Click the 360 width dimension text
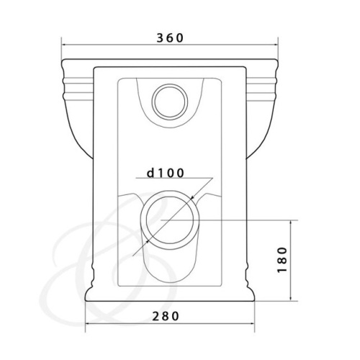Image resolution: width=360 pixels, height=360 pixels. pyautogui.click(x=170, y=38)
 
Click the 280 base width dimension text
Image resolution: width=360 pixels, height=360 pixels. pyautogui.click(x=166, y=316)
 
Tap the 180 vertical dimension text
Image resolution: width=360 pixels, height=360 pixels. pyautogui.click(x=282, y=260)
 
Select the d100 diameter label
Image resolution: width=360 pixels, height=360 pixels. pyautogui.click(x=166, y=173)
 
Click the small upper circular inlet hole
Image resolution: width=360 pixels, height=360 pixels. pyautogui.click(x=170, y=102)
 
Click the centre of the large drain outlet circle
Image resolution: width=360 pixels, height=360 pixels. pyautogui.click(x=170, y=220)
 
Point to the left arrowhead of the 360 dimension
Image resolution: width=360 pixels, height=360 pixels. pyautogui.click(x=64, y=45)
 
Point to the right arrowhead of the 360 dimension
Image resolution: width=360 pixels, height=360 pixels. pyautogui.click(x=276, y=45)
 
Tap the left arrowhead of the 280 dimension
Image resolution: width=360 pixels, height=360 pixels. pyautogui.click(x=88, y=323)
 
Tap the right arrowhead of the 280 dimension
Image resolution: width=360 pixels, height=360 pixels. pyautogui.click(x=252, y=323)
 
